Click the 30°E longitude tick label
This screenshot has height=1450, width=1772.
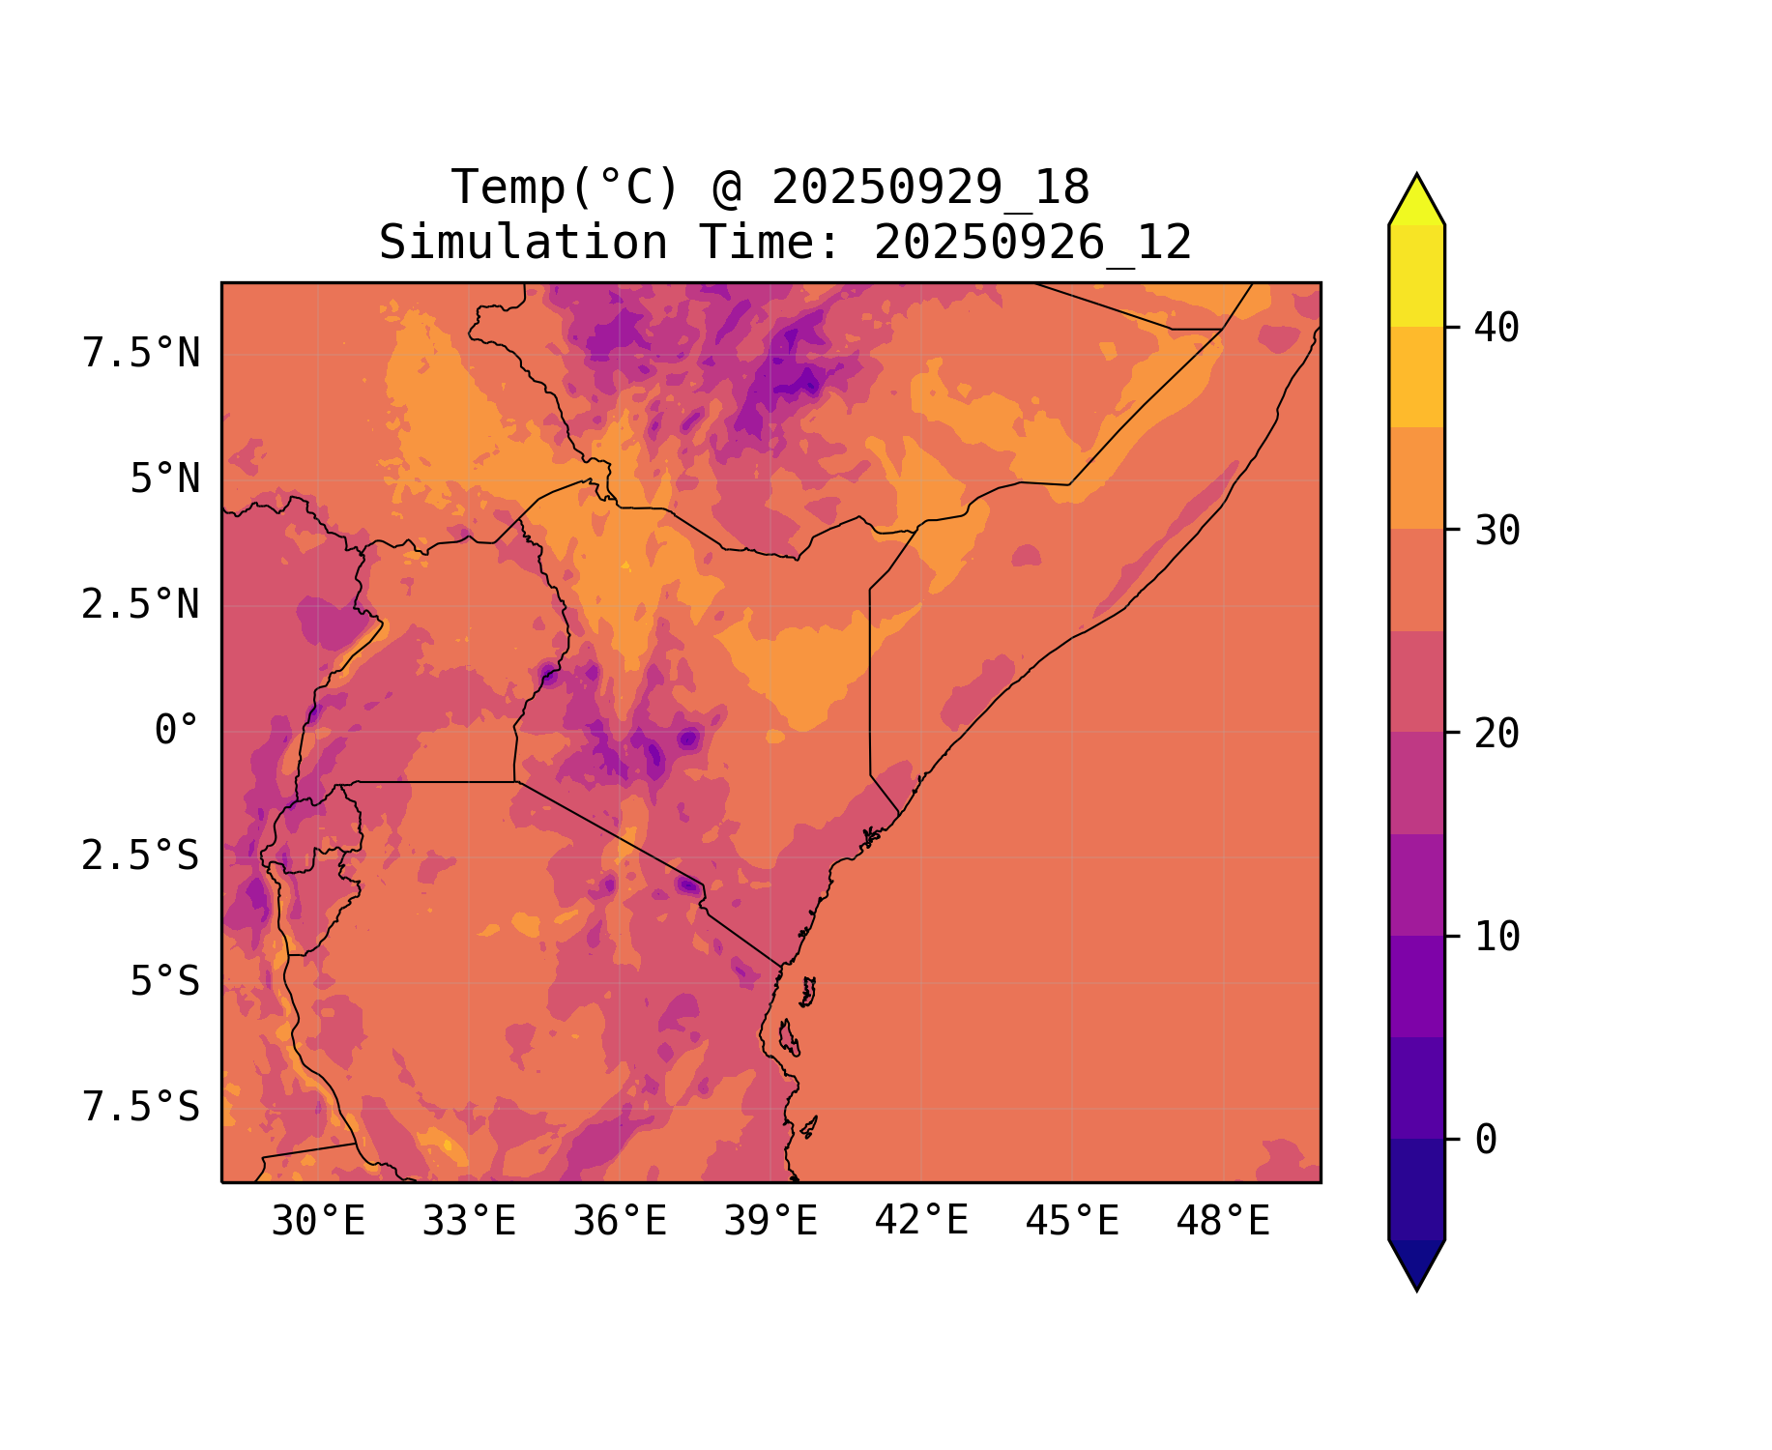pyautogui.click(x=318, y=1222)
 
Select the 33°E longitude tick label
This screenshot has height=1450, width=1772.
pyautogui.click(x=469, y=1222)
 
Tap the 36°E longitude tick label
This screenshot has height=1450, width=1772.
pyautogui.click(x=620, y=1222)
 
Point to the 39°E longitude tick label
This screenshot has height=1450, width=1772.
pyautogui.click(x=770, y=1222)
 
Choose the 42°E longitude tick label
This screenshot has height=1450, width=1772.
pyautogui.click(x=921, y=1222)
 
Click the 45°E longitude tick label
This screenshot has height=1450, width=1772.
pyautogui.click(x=1072, y=1222)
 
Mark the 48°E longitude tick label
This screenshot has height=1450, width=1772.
pyautogui.click(x=1223, y=1222)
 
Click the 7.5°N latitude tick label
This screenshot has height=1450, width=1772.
pyautogui.click(x=141, y=354)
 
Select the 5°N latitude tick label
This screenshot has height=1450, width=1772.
pyautogui.click(x=165, y=479)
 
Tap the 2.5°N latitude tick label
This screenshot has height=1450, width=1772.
pyautogui.click(x=141, y=605)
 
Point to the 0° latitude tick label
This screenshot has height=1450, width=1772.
pyautogui.click(x=177, y=731)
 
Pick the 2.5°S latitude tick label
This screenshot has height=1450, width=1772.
pyautogui.click(x=141, y=855)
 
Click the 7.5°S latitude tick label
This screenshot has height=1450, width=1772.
pyautogui.click(x=141, y=1107)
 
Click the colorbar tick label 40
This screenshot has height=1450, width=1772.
pyautogui.click(x=1496, y=328)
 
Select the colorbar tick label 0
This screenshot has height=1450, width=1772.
pyautogui.click(x=1486, y=1140)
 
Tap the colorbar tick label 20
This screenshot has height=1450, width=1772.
pyautogui.click(x=1496, y=734)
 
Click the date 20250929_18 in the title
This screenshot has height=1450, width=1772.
pyautogui.click(x=930, y=188)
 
